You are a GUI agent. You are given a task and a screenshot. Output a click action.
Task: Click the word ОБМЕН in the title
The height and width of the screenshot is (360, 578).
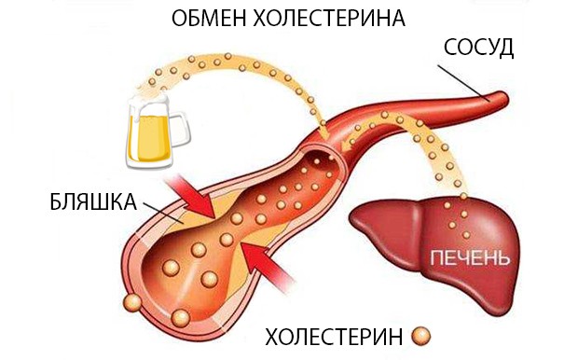click(201, 19)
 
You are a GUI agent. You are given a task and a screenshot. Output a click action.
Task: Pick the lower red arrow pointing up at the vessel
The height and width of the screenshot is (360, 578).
click(268, 265)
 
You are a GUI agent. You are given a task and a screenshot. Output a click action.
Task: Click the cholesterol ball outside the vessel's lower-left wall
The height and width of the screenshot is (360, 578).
click(131, 304)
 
